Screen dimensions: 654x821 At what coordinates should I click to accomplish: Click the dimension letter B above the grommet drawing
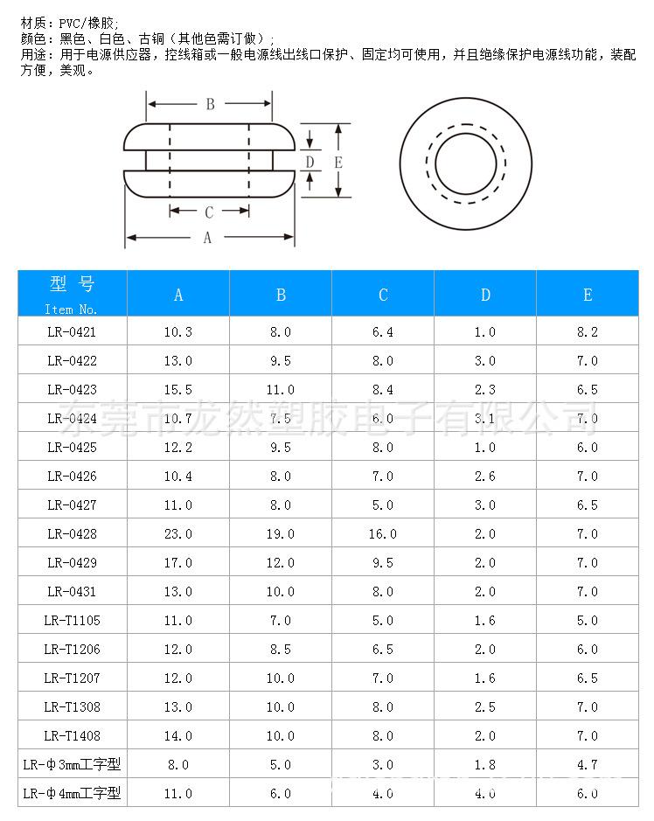tap(211, 104)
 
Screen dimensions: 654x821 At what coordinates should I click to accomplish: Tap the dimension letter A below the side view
tap(207, 238)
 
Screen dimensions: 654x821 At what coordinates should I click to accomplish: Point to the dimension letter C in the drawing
tap(209, 212)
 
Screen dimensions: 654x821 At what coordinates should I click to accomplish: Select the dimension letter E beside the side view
tap(338, 163)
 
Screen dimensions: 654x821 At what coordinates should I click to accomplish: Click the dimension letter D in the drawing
tap(310, 162)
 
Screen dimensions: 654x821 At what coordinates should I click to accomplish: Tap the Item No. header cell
tap(73, 294)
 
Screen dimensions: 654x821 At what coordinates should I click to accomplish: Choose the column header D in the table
tap(485, 295)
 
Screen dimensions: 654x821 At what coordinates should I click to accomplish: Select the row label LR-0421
tap(72, 332)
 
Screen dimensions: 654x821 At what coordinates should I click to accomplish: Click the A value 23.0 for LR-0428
tap(178, 534)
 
